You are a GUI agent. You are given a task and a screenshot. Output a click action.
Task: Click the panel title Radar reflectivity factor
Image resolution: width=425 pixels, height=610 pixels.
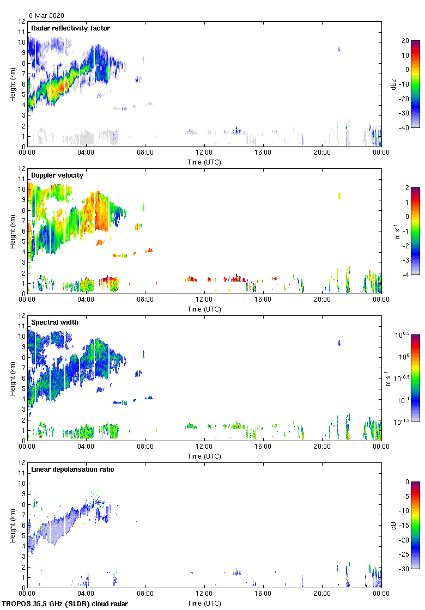coord(70,28)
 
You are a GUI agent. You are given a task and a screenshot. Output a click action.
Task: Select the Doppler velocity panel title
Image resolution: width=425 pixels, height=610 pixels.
coord(57,175)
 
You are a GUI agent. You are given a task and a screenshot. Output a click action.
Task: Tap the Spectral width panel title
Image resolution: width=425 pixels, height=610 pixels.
coord(55,322)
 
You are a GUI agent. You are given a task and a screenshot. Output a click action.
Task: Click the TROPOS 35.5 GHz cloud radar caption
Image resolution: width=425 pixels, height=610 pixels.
coord(65,604)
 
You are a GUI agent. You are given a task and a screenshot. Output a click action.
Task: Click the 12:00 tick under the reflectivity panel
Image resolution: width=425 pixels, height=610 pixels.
coord(204,153)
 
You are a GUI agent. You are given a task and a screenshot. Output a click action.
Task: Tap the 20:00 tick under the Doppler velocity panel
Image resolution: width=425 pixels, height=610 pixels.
coord(322,300)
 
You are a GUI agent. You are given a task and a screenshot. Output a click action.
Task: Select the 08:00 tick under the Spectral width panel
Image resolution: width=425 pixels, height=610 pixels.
coord(145,447)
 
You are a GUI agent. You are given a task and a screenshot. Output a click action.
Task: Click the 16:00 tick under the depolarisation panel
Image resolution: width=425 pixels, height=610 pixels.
coord(263,594)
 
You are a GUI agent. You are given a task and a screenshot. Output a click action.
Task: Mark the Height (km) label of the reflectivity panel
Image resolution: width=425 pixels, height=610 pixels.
coord(12,84)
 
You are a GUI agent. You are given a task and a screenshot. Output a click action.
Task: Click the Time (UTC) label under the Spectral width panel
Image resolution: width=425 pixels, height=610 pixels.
coord(204,456)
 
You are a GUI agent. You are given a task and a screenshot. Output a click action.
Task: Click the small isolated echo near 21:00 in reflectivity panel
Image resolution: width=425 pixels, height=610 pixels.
coord(339,49)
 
